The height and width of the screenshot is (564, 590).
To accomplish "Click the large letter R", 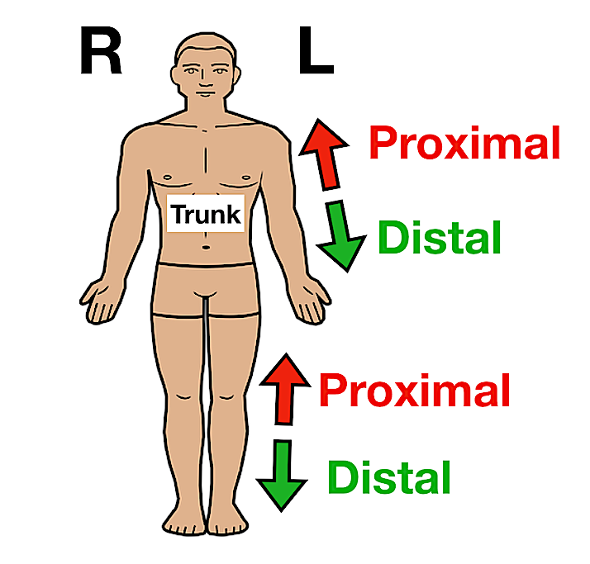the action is [101, 50].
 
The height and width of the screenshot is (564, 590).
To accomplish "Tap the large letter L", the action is [316, 50].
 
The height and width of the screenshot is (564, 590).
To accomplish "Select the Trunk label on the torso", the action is [206, 214].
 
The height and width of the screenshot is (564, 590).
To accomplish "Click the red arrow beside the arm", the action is [324, 154].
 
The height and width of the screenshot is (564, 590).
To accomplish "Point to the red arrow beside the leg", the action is [285, 389].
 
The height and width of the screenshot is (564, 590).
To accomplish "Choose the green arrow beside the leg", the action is [282, 476].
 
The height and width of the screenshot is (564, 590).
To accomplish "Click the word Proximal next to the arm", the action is [465, 143].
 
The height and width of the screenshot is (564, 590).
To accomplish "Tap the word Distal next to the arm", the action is [439, 238].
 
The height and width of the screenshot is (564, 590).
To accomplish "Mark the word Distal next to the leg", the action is [389, 476].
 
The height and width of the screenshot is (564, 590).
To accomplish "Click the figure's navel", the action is [206, 248].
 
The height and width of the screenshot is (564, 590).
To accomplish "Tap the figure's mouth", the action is [206, 94].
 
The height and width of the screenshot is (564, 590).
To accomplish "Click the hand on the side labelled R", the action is [99, 301].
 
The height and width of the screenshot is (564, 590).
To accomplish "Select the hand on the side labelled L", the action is [312, 301].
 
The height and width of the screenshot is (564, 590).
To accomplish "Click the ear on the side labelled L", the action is [236, 76].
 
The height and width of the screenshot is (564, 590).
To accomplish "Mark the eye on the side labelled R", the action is [190, 71].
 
